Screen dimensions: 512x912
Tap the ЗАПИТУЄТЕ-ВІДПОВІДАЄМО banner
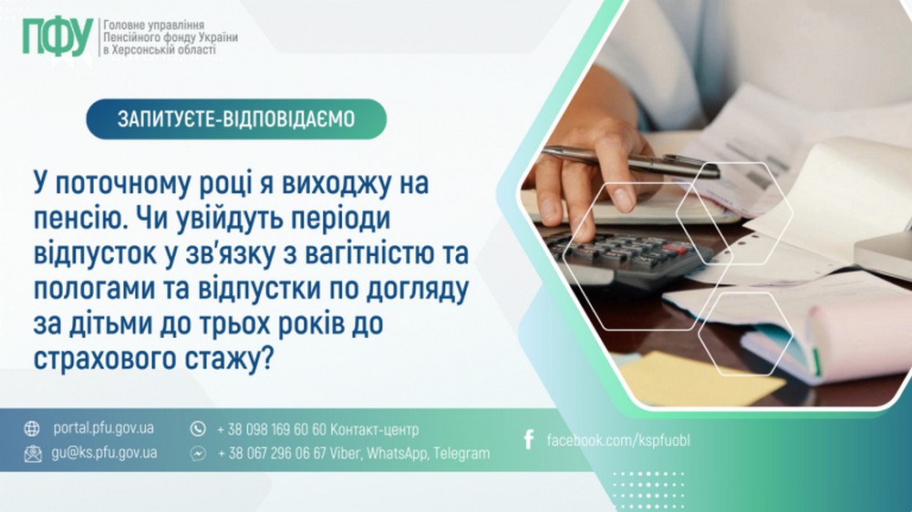point(236,118)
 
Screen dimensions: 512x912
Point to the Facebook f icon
point(528,441)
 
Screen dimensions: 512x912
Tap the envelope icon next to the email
point(33,453)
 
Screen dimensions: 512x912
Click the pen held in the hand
point(629,160)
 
